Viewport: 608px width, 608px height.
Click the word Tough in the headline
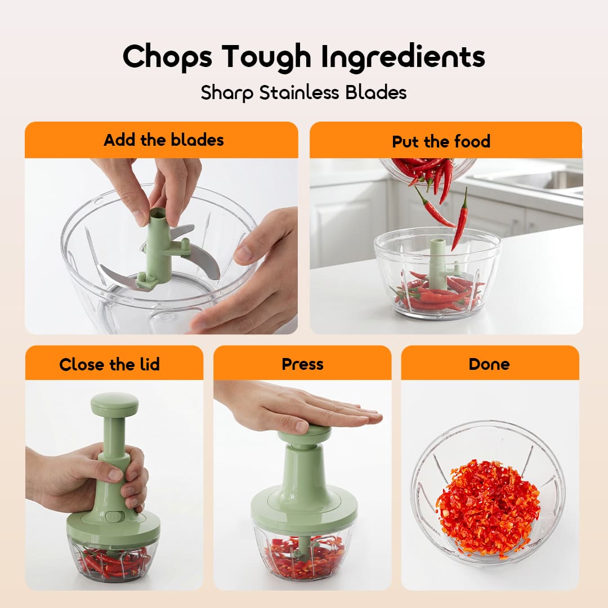pos(267,57)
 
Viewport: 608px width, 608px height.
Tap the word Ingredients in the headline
pos(403,57)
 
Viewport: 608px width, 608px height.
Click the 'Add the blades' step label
pos(164,140)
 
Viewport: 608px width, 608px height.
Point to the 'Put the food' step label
pos(441,141)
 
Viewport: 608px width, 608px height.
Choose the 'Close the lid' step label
pos(109,364)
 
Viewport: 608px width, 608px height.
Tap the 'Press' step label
pos(302,364)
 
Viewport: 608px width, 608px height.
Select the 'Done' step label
pos(489,364)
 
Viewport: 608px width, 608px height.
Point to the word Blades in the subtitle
pos(375,93)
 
